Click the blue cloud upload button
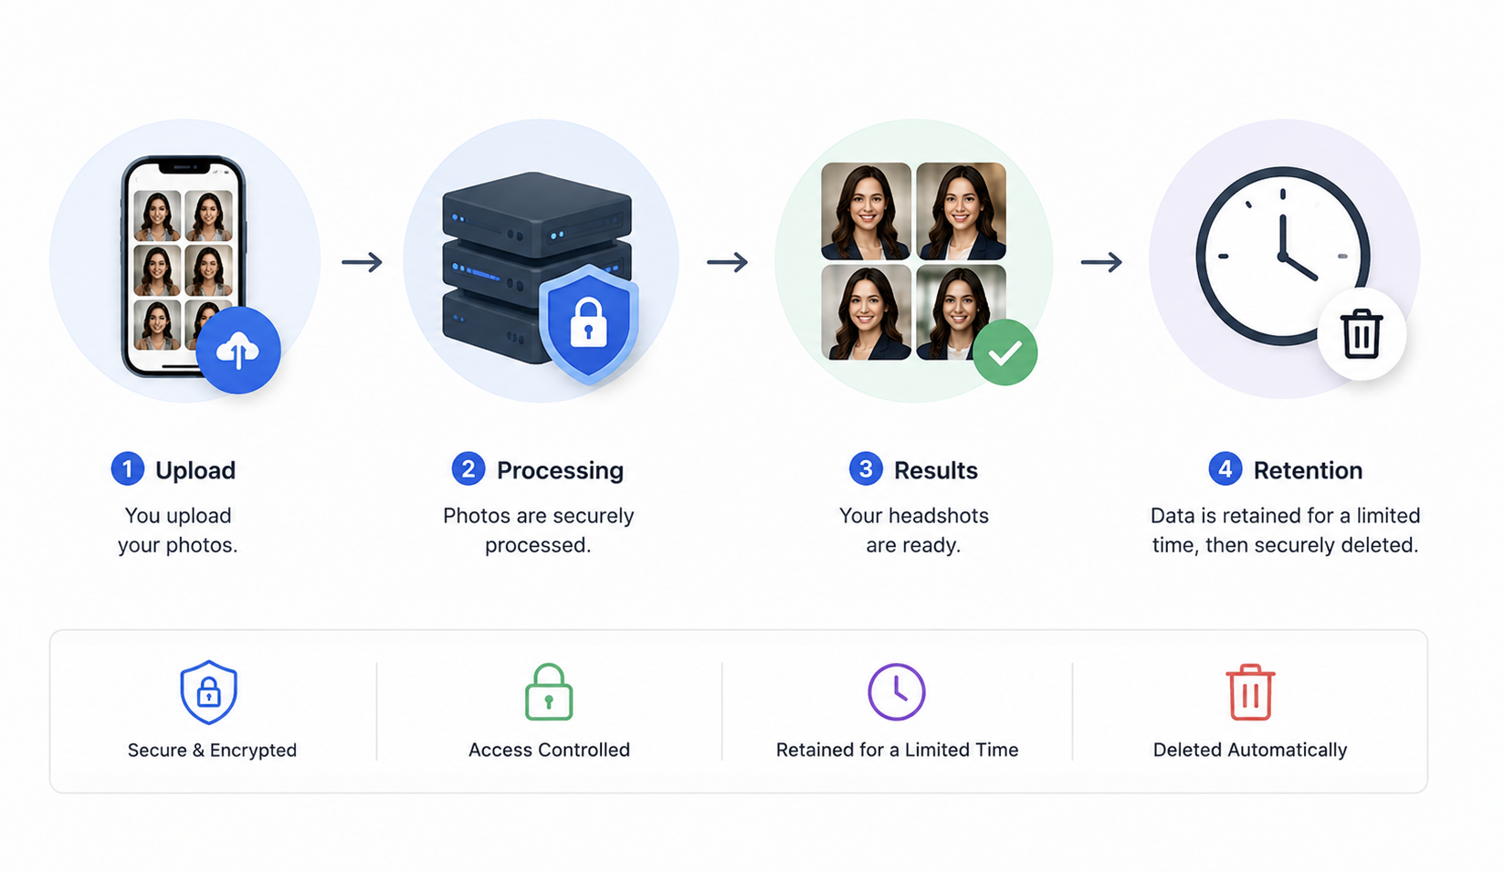(x=238, y=351)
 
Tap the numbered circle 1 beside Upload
(x=128, y=468)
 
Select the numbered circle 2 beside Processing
(x=468, y=468)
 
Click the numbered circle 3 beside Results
(x=866, y=468)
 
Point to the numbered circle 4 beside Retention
(x=1225, y=468)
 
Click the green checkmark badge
(x=1005, y=352)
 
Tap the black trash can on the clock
(x=1362, y=333)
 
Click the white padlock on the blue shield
(x=588, y=323)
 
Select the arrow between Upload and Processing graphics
(x=362, y=262)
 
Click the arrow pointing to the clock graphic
(x=1101, y=262)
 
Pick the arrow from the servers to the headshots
(x=727, y=262)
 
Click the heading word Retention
(x=1308, y=470)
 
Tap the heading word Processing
(x=560, y=470)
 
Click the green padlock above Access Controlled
(x=549, y=692)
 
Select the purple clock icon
(x=897, y=692)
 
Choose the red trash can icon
(x=1250, y=692)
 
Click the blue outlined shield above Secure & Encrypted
(x=209, y=692)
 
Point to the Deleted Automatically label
(x=1250, y=750)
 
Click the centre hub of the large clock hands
(x=1282, y=257)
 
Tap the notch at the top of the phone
(x=184, y=166)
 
